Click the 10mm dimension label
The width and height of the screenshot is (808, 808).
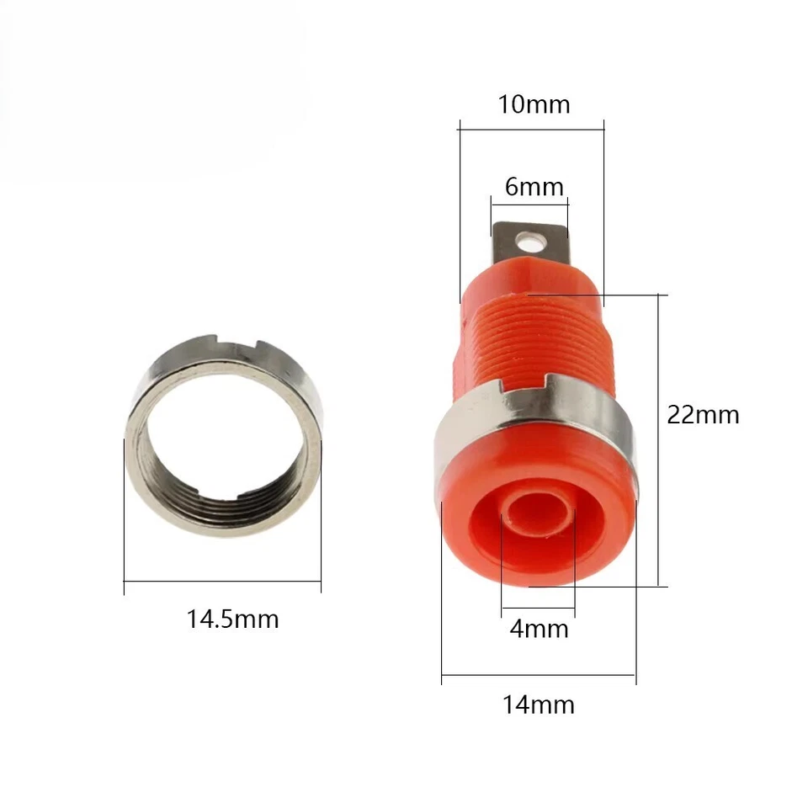tap(534, 104)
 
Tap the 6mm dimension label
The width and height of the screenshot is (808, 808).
tap(534, 186)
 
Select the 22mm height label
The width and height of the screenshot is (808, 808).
tap(703, 415)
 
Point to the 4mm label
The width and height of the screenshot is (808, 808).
tap(539, 629)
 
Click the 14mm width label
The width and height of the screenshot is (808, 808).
tap(539, 704)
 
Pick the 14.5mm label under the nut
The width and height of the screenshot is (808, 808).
tap(232, 620)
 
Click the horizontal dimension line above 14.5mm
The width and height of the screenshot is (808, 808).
tap(222, 581)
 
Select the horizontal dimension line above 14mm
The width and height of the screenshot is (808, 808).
tap(539, 674)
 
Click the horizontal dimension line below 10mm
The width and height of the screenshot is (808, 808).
tap(532, 129)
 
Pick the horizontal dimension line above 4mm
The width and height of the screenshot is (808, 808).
tap(538, 609)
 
